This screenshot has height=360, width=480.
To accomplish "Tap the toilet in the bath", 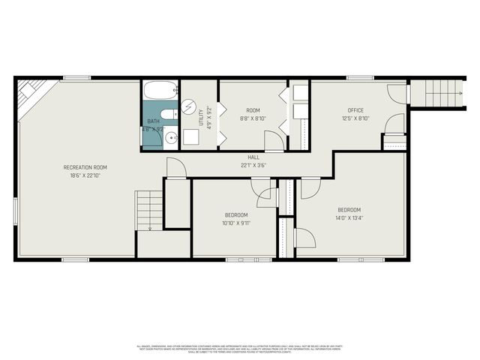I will (x=170, y=114).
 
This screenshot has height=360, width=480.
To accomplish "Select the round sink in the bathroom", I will (x=170, y=138).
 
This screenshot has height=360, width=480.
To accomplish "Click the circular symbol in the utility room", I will (x=189, y=107).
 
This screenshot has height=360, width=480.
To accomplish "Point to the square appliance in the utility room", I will (x=190, y=137).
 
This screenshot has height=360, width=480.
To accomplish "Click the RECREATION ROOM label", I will (x=85, y=166).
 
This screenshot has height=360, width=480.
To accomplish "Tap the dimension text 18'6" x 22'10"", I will (x=85, y=175).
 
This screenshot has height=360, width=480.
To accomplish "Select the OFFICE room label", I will (x=355, y=110).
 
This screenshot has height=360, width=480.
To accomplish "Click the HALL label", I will (x=253, y=157).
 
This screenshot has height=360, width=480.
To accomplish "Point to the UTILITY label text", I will (x=201, y=111).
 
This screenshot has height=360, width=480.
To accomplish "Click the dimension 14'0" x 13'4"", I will (x=349, y=217).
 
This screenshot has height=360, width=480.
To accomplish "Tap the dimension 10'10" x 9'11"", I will (x=236, y=223).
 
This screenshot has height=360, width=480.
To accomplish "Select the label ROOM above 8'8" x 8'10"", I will (x=253, y=109).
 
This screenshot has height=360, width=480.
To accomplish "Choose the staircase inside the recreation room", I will (x=148, y=210).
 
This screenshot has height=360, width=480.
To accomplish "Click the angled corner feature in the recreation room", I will (x=31, y=97).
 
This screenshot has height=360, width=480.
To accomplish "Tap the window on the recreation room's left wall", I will (x=15, y=209).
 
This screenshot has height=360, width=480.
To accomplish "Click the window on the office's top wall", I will (x=360, y=78).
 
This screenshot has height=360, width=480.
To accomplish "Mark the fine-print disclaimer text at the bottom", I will (x=239, y=348).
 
